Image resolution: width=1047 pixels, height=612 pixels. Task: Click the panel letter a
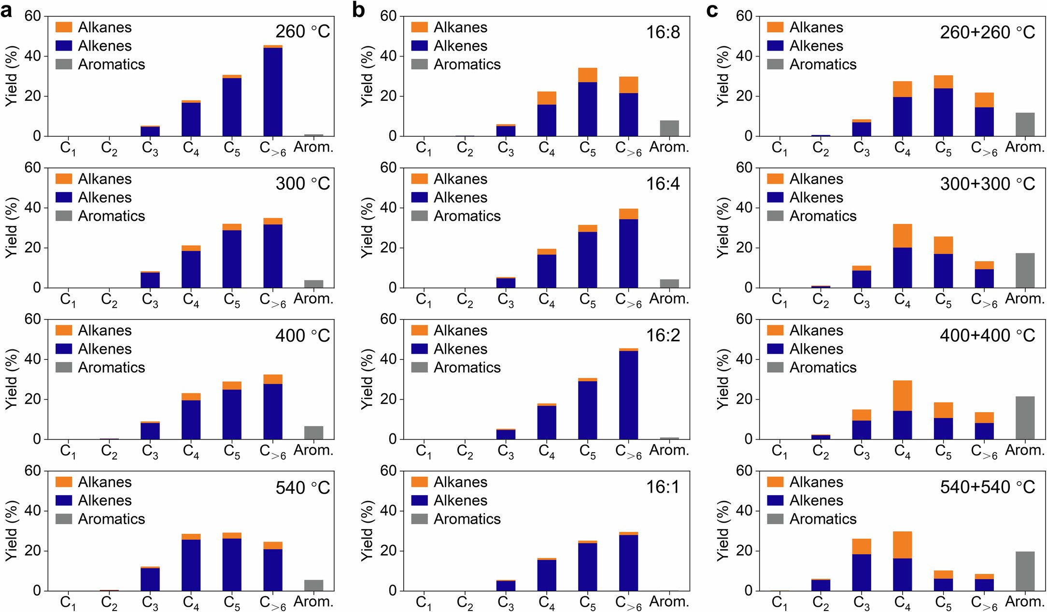click(7, 10)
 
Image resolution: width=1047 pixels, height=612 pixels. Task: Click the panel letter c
click(712, 10)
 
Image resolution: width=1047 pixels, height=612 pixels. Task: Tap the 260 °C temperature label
click(302, 32)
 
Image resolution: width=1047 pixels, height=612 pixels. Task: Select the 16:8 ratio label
click(663, 32)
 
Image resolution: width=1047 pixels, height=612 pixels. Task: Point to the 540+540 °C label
click(987, 487)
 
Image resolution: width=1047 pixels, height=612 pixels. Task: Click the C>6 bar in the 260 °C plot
click(273, 92)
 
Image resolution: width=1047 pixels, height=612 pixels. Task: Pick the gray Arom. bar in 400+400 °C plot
click(1025, 418)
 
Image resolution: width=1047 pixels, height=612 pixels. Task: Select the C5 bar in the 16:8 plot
click(587, 104)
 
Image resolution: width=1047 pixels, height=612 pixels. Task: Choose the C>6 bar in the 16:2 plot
click(628, 394)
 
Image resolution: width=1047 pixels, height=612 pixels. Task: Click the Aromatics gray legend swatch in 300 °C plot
click(64, 216)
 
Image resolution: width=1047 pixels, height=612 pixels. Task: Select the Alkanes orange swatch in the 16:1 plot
click(419, 482)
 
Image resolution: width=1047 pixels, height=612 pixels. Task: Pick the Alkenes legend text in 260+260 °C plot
click(816, 46)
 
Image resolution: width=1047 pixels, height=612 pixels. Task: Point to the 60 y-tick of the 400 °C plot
click(33, 319)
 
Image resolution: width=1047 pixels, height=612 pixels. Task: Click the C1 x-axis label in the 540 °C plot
click(68, 602)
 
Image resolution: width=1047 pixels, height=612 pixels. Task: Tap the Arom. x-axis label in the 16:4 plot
click(669, 299)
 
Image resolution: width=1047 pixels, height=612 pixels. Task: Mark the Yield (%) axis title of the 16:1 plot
click(367, 531)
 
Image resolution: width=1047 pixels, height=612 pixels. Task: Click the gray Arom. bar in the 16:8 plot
click(669, 128)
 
